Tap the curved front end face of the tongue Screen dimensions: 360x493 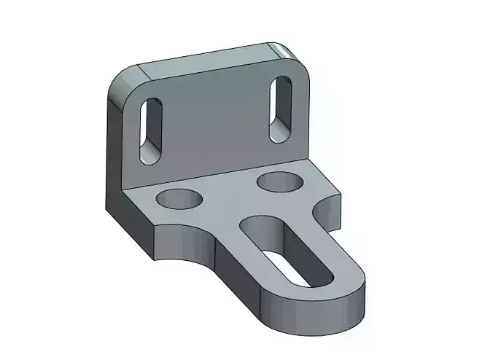pos(321,310)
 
